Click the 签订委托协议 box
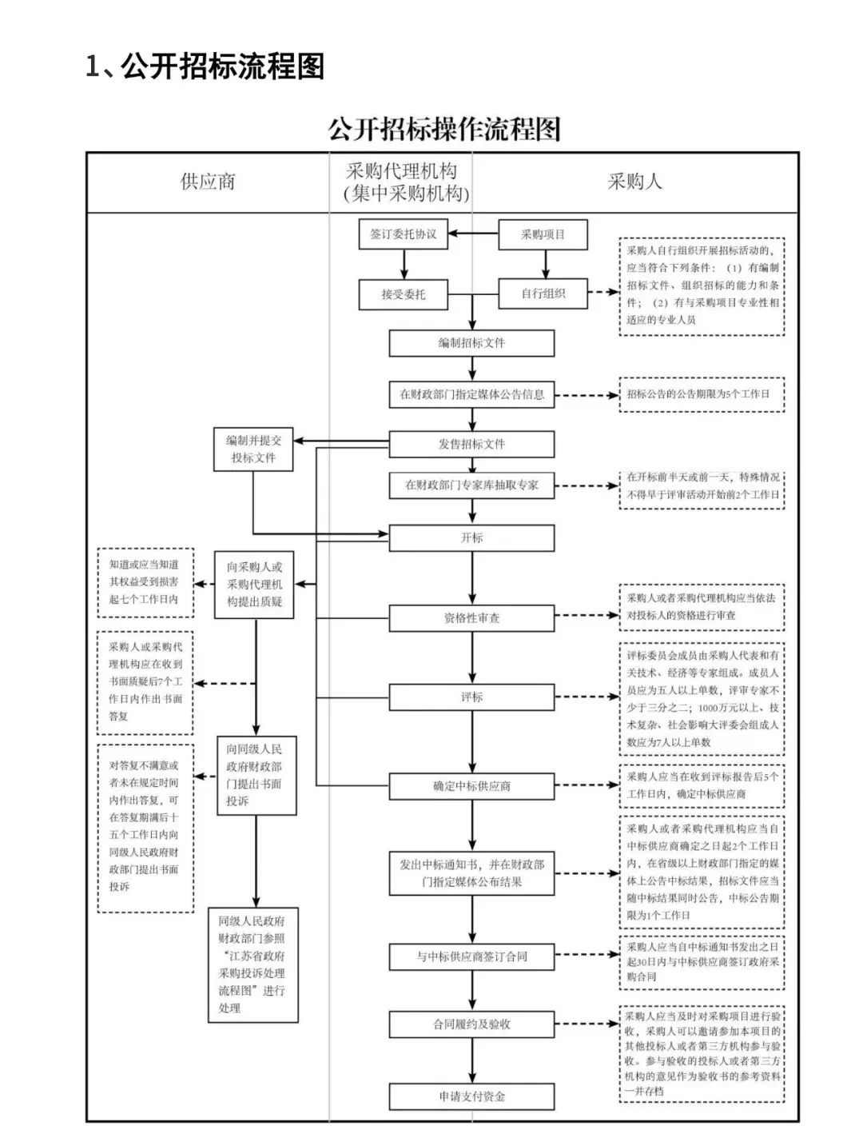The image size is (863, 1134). tap(403, 234)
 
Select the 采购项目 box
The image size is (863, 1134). tap(543, 234)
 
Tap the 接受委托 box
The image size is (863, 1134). tap(403, 294)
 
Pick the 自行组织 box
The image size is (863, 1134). tap(543, 293)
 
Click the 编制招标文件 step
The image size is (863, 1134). tap(471, 343)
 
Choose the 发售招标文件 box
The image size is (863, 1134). tap(471, 444)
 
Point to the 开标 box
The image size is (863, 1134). tap(471, 538)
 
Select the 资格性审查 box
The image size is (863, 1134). tap(471, 618)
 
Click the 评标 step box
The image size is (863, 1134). tap(471, 697)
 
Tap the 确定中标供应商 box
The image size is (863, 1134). tap(471, 786)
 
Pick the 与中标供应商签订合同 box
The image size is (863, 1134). tap(471, 956)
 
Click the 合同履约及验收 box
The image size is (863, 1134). tap(471, 1024)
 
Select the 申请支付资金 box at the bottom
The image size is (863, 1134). tap(471, 1096)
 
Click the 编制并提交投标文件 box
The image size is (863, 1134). tap(253, 449)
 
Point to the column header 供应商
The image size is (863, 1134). tap(208, 182)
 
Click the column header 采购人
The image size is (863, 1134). tap(634, 182)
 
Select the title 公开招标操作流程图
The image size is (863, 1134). tap(444, 129)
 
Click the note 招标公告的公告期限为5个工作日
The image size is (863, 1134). tap(701, 395)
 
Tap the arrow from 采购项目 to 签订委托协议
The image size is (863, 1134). tap(473, 234)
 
